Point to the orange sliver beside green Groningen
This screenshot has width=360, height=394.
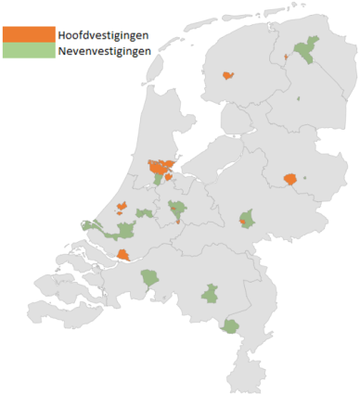287,57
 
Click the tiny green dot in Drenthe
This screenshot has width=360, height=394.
298,99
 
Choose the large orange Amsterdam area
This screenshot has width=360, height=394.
162,169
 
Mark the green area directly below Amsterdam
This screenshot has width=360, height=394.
159,182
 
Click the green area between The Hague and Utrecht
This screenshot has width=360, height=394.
144,213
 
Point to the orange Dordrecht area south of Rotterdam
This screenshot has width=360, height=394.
123,255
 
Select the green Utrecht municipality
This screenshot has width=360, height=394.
176,211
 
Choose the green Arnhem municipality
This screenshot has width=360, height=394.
246,219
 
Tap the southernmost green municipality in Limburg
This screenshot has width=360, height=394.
230,326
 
